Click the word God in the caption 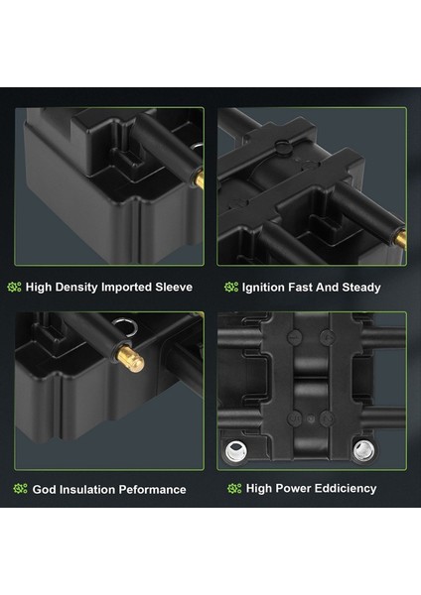tap(44, 490)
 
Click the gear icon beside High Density tap(15, 287)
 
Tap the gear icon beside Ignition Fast tap(231, 288)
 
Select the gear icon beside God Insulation tap(21, 489)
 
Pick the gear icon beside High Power tap(234, 488)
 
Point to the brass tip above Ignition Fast tap(400, 239)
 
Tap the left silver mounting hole tap(236, 451)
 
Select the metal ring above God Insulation tap(124, 326)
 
